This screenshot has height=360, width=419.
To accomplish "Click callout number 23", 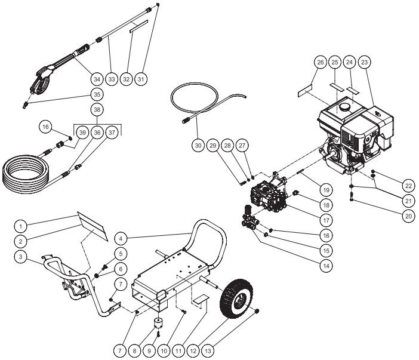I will [365, 62].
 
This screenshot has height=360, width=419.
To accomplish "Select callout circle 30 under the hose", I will [198, 144].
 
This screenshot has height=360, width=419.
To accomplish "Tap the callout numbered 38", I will [97, 110].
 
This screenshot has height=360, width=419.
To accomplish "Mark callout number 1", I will [21, 226].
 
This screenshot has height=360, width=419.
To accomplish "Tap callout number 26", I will [320, 62].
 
